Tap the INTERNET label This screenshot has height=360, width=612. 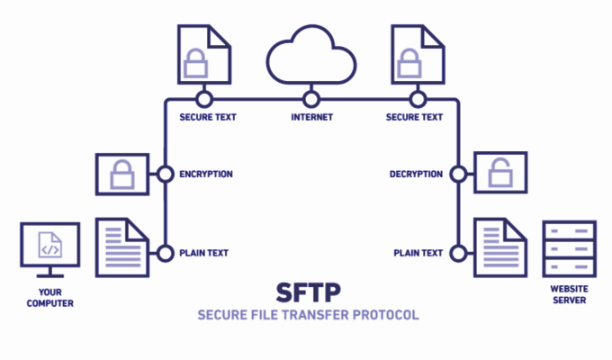click(311, 117)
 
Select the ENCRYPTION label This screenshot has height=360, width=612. click(206, 175)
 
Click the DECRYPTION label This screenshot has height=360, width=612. click(415, 175)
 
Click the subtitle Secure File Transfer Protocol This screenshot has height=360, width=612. click(309, 316)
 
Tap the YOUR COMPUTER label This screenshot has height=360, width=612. click(49, 298)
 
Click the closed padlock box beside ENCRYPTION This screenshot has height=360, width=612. click(122, 175)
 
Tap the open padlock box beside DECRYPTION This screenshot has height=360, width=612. click(499, 175)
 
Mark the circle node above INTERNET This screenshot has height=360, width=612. click(311, 97)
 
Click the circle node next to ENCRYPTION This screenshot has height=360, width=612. click(165, 175)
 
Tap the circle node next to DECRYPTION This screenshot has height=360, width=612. click(459, 175)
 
